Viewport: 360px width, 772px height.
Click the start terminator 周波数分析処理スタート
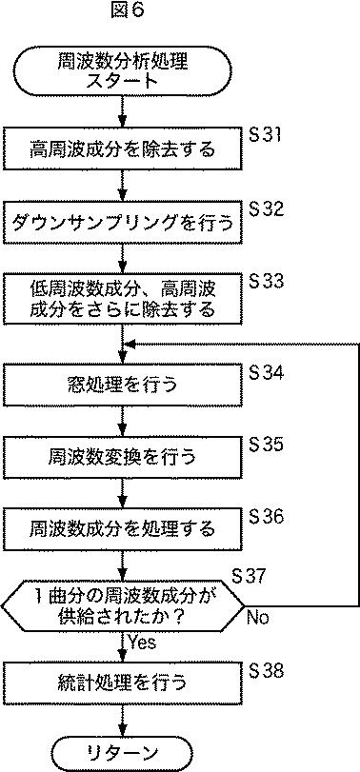(x=122, y=72)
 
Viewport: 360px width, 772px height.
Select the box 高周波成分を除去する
(x=122, y=148)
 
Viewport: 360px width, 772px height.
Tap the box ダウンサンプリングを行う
(x=122, y=224)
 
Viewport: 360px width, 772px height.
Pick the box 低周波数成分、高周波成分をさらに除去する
(x=122, y=298)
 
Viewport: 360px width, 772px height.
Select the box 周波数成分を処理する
(x=122, y=527)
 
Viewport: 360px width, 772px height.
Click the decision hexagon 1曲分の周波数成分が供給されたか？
(x=122, y=604)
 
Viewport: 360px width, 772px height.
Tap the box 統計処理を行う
(x=122, y=683)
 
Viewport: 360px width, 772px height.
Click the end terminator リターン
(x=122, y=752)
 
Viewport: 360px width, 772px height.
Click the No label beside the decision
(x=257, y=618)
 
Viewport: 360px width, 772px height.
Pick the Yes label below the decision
(x=143, y=643)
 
